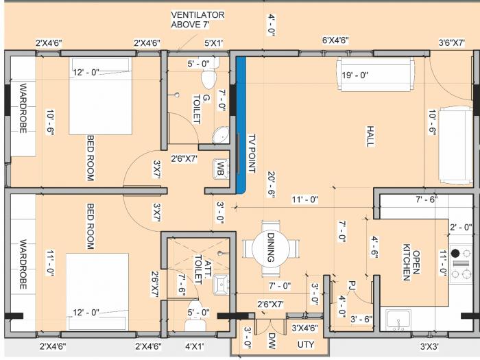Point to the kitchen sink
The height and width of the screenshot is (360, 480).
click(x=398, y=319)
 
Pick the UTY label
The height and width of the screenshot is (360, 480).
click(x=306, y=344)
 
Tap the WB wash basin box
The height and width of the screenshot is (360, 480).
click(x=220, y=168)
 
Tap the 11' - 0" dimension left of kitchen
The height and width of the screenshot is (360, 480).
click(x=305, y=200)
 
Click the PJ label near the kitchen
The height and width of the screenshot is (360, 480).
click(x=350, y=285)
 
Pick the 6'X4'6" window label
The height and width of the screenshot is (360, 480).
click(x=335, y=40)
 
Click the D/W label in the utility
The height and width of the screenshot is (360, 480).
click(x=272, y=340)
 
